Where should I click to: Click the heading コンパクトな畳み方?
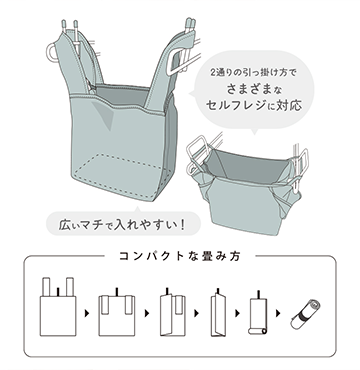(180, 256)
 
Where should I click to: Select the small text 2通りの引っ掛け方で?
(253, 72)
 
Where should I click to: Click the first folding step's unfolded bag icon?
(58, 307)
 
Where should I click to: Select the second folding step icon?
(117, 312)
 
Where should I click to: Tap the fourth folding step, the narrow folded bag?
(217, 312)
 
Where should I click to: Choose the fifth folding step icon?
(258, 313)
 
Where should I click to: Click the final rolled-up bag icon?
(305, 314)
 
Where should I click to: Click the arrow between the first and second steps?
(87, 314)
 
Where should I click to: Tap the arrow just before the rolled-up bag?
(278, 314)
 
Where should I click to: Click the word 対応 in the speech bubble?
(290, 105)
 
